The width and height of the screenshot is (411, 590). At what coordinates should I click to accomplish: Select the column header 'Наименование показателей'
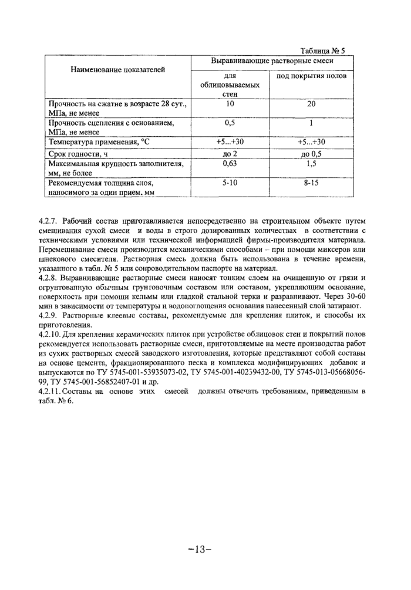pyautogui.click(x=118, y=69)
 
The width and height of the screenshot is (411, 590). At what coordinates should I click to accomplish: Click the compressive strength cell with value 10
pyautogui.click(x=230, y=104)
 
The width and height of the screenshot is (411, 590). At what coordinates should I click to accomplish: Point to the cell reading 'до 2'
pyautogui.click(x=230, y=154)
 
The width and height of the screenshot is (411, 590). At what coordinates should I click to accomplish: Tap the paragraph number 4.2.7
pyautogui.click(x=48, y=221)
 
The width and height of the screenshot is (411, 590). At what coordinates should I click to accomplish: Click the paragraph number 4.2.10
pyautogui.click(x=50, y=333)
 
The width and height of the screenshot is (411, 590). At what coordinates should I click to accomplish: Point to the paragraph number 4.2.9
pyautogui.click(x=48, y=315)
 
